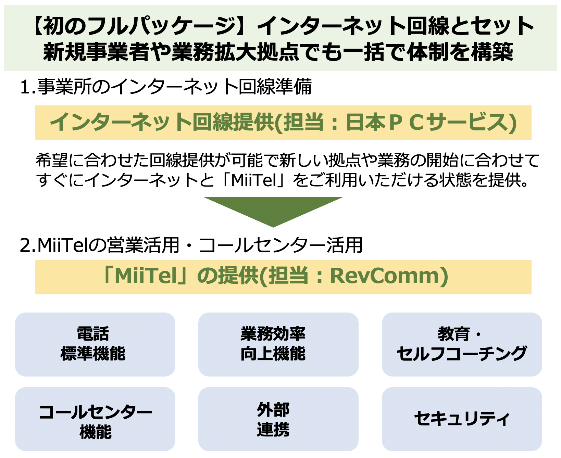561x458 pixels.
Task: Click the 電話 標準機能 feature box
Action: pos(95,344)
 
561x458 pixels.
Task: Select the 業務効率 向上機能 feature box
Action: pos(278,344)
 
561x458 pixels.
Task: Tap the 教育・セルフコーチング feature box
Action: pos(462,344)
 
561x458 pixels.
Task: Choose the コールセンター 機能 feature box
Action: pos(95,419)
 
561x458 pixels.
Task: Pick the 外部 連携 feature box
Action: pos(278,419)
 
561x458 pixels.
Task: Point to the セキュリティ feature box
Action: pos(462,419)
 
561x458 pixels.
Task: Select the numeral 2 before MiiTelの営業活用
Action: pos(25,245)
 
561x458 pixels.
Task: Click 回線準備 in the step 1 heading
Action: pos(275,87)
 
